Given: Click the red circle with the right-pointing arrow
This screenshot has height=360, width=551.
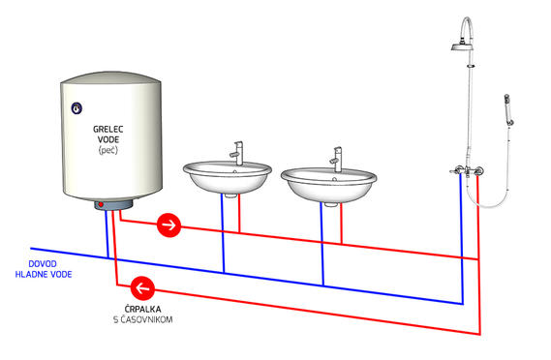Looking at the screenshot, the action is click(x=169, y=225).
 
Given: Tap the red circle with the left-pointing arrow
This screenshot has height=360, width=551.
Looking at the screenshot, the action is click(x=142, y=288).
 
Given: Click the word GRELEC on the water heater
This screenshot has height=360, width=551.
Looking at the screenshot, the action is click(x=108, y=130).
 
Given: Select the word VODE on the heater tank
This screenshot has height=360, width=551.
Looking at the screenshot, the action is click(x=108, y=139).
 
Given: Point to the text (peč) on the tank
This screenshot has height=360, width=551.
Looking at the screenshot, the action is click(x=108, y=150).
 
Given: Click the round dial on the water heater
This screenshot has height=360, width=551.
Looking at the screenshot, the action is click(x=77, y=108).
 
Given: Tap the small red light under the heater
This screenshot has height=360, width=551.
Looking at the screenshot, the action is click(x=101, y=204).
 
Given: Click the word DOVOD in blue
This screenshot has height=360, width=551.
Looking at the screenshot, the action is click(x=43, y=264).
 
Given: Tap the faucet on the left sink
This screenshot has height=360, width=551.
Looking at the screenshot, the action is click(x=236, y=153).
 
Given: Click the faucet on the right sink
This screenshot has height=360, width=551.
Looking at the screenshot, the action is click(x=336, y=160).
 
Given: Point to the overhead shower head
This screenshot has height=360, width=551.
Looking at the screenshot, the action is click(x=461, y=46).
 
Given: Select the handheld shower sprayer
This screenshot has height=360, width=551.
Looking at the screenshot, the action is click(x=508, y=109).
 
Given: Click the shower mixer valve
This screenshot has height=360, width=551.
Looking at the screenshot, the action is click(x=468, y=171).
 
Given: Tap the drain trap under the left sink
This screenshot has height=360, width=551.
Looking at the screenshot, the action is click(x=230, y=195).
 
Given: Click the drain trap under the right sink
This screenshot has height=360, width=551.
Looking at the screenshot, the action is click(x=330, y=204).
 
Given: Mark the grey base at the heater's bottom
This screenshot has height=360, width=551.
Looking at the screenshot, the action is click(x=113, y=204).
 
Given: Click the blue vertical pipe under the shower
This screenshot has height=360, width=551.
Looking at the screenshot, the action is click(x=462, y=239).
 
